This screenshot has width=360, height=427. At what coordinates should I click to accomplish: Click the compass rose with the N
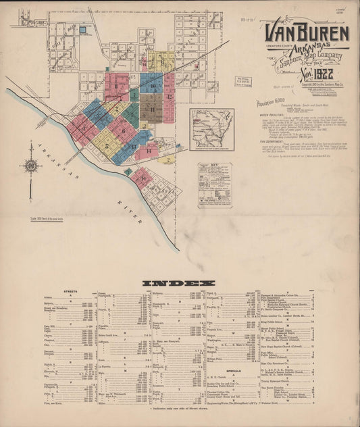point(30,166)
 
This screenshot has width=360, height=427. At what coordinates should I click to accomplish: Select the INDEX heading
point(179,282)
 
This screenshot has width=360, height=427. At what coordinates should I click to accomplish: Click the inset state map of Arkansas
point(211,127)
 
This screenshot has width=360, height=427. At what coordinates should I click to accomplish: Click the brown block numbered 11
point(153,107)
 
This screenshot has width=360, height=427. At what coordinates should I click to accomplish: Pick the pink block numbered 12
point(169,97)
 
